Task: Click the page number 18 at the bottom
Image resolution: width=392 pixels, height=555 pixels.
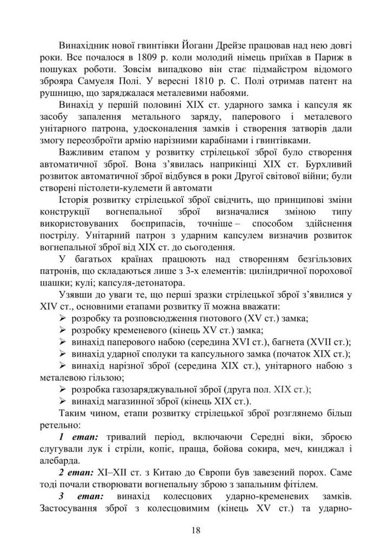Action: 196,530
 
